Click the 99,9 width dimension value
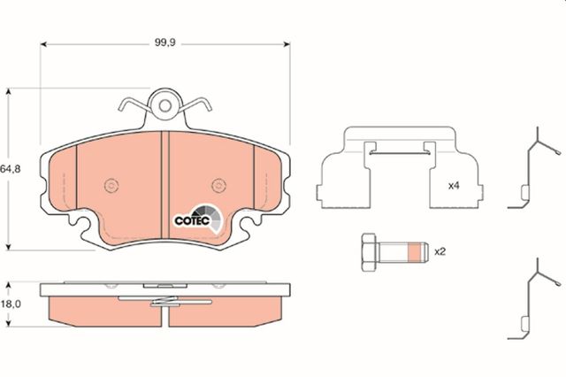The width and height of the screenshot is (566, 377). click(x=165, y=42)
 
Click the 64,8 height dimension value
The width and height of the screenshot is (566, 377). click(x=10, y=169)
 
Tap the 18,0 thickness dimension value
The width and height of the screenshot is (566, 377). click(x=11, y=304)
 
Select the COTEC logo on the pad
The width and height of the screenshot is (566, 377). click(x=198, y=219)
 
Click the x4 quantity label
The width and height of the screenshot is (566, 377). click(x=454, y=186)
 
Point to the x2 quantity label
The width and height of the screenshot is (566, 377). click(x=440, y=251)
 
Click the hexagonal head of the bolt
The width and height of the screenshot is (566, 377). click(x=369, y=252)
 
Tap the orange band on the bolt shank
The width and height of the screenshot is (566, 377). click(x=415, y=252)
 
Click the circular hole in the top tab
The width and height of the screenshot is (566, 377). click(x=165, y=106)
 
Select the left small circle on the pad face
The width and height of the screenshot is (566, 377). click(x=111, y=186)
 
